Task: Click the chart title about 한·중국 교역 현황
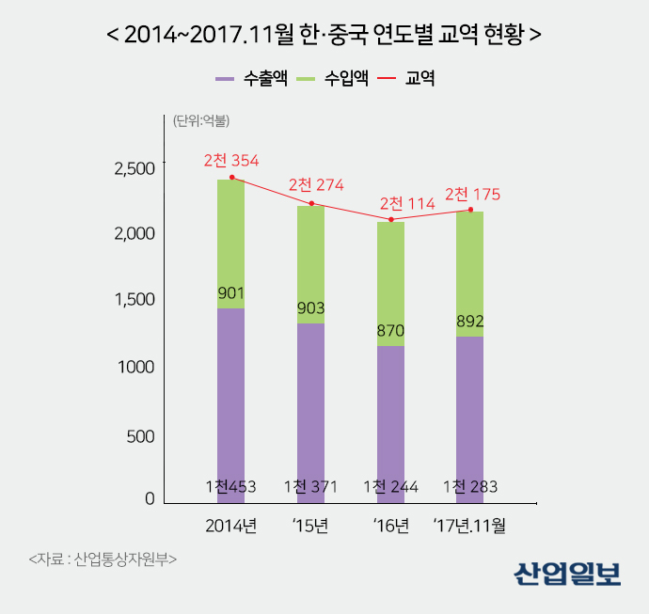pyautogui.click(x=324, y=35)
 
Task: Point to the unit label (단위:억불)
pyautogui.click(x=201, y=120)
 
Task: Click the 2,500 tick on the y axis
pyautogui.click(x=135, y=169)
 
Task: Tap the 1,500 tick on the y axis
pyautogui.click(x=135, y=300)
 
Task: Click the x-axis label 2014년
pyautogui.click(x=231, y=526)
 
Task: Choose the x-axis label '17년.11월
pyautogui.click(x=469, y=526)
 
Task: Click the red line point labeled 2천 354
pyautogui.click(x=231, y=177)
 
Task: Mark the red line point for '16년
pyautogui.click(x=390, y=220)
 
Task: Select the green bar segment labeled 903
pyautogui.click(x=310, y=263)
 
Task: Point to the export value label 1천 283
pyautogui.click(x=470, y=487)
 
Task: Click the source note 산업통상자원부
pyautogui.click(x=103, y=559)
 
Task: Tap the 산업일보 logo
pyautogui.click(x=567, y=573)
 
